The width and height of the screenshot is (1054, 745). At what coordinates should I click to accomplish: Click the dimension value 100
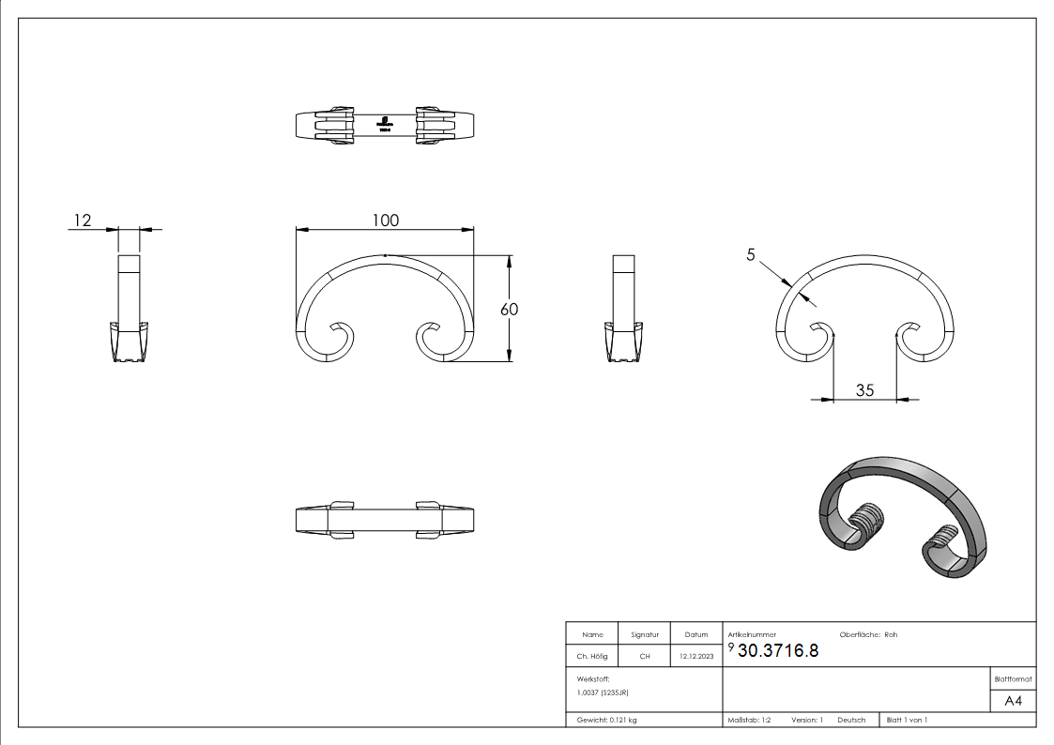(x=385, y=220)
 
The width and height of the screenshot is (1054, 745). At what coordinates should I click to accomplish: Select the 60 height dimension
(x=510, y=309)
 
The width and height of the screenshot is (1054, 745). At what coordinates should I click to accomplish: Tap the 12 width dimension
(x=82, y=220)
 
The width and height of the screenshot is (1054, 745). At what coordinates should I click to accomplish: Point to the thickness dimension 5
(x=751, y=254)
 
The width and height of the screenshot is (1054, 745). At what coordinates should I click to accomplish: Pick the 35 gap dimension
(x=864, y=389)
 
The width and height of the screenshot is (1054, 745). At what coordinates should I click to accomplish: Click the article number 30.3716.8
(x=778, y=652)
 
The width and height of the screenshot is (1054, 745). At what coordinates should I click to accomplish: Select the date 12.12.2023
(x=695, y=657)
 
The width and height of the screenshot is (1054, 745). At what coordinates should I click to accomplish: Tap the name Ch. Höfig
(x=591, y=657)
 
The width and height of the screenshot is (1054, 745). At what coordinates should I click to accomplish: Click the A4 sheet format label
(x=1013, y=701)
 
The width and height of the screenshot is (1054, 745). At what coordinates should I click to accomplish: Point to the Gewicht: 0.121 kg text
(x=606, y=720)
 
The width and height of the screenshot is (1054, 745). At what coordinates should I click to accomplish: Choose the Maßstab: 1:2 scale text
(x=749, y=720)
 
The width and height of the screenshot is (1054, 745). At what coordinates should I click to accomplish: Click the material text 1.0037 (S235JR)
(x=603, y=692)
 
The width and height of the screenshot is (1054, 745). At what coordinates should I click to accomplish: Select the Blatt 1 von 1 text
(x=907, y=720)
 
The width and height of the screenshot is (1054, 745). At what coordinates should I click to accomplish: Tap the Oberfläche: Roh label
(x=868, y=634)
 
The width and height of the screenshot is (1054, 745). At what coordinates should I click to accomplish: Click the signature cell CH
(x=644, y=657)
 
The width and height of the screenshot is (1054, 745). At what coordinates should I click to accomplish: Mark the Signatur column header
(x=644, y=635)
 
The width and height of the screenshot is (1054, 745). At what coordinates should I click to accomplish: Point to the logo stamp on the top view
(x=385, y=125)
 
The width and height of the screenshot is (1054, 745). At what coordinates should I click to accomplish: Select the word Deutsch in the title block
(x=851, y=720)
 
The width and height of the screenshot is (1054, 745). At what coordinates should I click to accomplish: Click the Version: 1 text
(x=806, y=720)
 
